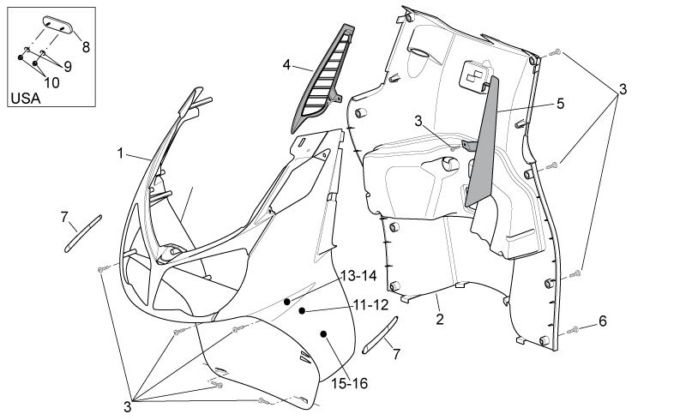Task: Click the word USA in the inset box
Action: pos(26,99)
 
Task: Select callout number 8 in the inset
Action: pos(86,47)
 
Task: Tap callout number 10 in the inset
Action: pos(51,82)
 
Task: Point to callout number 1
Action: pos(120,153)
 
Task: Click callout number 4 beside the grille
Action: pos(286,65)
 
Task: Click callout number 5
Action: pos(560,104)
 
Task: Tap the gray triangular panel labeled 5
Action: pos(482,141)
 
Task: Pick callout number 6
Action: pos(603,321)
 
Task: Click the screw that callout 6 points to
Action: pos(573,330)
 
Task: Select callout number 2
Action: pos(440,319)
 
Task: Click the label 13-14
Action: pos(358,276)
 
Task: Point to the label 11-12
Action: pos(371,305)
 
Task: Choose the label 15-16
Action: pos(349,384)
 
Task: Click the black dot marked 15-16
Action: pos(323,334)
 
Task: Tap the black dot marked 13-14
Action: pos(287,302)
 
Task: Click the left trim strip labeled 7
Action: pos(83,233)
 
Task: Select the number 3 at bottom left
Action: pos(127,407)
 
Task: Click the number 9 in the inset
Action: pos(68,67)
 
